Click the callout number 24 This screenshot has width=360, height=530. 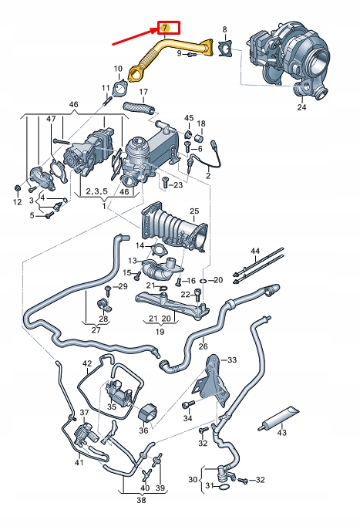coord(301,107)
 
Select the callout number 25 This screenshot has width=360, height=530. coord(194,211)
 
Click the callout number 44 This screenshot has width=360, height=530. coord(255,251)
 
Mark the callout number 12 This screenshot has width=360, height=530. coord(17,202)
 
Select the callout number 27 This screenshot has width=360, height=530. coord(96,329)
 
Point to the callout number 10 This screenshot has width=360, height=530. coord(117,69)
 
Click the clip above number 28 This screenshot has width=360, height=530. coord(104,299)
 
